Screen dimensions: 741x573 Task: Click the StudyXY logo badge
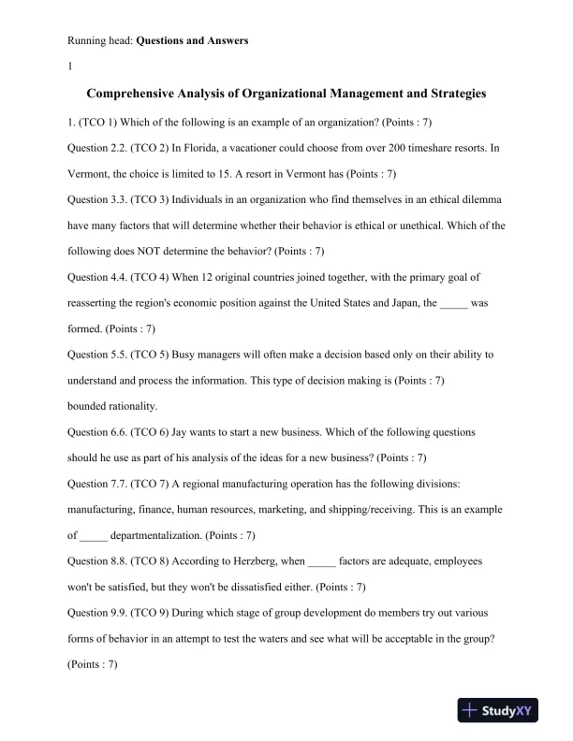click(501, 711)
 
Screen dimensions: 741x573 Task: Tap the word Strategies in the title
click(449, 94)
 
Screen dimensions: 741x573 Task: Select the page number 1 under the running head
click(71, 66)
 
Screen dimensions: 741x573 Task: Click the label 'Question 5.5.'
click(97, 355)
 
